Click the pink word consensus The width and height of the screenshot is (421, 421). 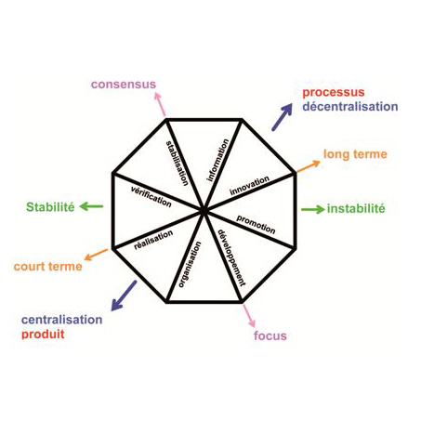pos(124,85)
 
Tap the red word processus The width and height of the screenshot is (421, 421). pos(334,93)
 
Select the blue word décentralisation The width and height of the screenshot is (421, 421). pos(350,106)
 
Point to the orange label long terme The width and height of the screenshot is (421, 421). pos(355,154)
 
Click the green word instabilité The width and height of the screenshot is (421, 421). pos(356,208)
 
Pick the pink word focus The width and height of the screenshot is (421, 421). pos(270,335)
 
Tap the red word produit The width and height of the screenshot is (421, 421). pos(43,334)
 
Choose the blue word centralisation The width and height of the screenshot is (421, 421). pos(62,320)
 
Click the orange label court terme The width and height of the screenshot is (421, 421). pos(48,267)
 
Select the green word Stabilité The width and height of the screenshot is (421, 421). pos(50,207)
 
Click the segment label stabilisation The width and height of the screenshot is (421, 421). pos(178,163)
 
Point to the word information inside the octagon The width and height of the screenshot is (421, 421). pos(218,160)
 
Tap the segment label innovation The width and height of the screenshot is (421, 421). pos(249,185)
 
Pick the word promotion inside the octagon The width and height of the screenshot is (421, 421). pos(256,224)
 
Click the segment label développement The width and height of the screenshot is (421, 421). pos(231,257)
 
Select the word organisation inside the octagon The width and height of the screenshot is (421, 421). pos(190,264)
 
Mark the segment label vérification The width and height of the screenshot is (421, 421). pos(151,196)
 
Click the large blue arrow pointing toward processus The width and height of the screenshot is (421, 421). pos(283,117)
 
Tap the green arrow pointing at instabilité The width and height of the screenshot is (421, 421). pos(312,210)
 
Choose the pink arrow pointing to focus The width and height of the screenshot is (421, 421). pos(249,315)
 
